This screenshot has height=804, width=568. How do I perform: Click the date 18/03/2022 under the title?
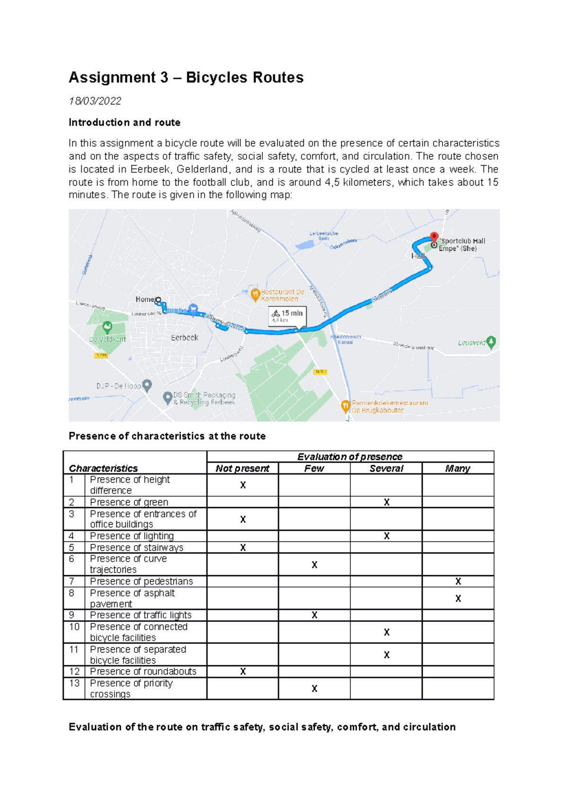(95, 101)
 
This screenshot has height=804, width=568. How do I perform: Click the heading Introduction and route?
(124, 123)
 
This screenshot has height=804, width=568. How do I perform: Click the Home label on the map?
(144, 299)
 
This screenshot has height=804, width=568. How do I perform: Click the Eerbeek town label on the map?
(185, 338)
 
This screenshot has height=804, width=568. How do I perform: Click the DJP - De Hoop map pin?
(147, 385)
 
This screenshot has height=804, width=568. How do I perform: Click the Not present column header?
(242, 468)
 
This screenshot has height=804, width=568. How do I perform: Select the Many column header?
(457, 468)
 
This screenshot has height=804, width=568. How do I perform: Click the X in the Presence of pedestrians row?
(458, 581)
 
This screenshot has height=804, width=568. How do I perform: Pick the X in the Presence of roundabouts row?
(243, 671)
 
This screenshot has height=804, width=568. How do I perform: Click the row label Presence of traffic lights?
(141, 615)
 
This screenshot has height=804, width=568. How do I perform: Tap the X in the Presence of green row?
(386, 502)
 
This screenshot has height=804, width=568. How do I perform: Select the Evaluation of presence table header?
(350, 456)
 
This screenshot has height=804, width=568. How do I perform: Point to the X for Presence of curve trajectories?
(314, 564)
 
